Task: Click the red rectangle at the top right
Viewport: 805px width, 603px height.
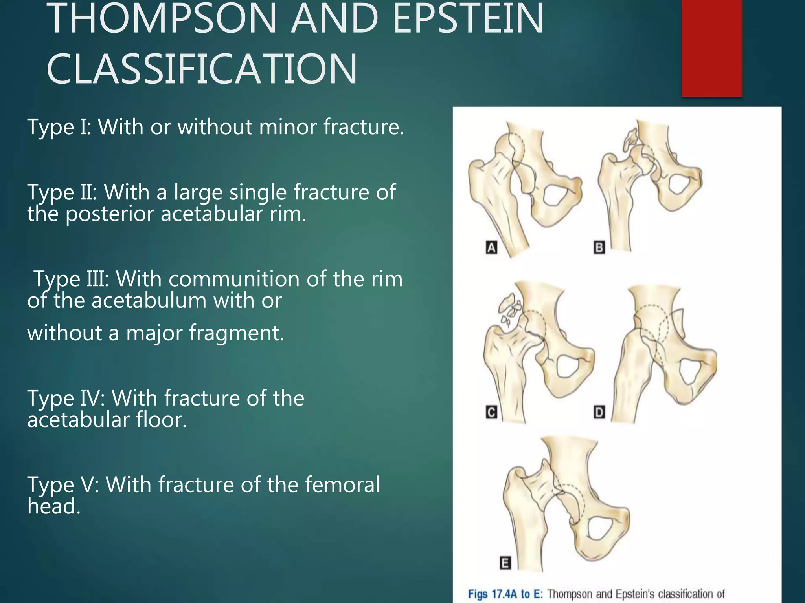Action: pyautogui.click(x=711, y=47)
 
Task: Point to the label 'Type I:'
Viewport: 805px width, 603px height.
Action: pyautogui.click(x=59, y=127)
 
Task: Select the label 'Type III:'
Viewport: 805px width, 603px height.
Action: pyautogui.click(x=71, y=279)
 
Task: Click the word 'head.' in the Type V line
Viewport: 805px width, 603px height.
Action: pyautogui.click(x=54, y=506)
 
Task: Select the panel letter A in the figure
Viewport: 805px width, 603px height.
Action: pyautogui.click(x=491, y=248)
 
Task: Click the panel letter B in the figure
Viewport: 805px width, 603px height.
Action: pyautogui.click(x=599, y=248)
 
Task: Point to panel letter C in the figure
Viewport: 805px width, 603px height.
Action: pyautogui.click(x=491, y=413)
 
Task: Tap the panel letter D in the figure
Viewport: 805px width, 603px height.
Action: pyautogui.click(x=599, y=413)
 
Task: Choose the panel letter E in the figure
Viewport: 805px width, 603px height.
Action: pyautogui.click(x=505, y=563)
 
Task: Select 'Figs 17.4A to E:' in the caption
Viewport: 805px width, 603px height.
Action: pyautogui.click(x=505, y=594)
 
